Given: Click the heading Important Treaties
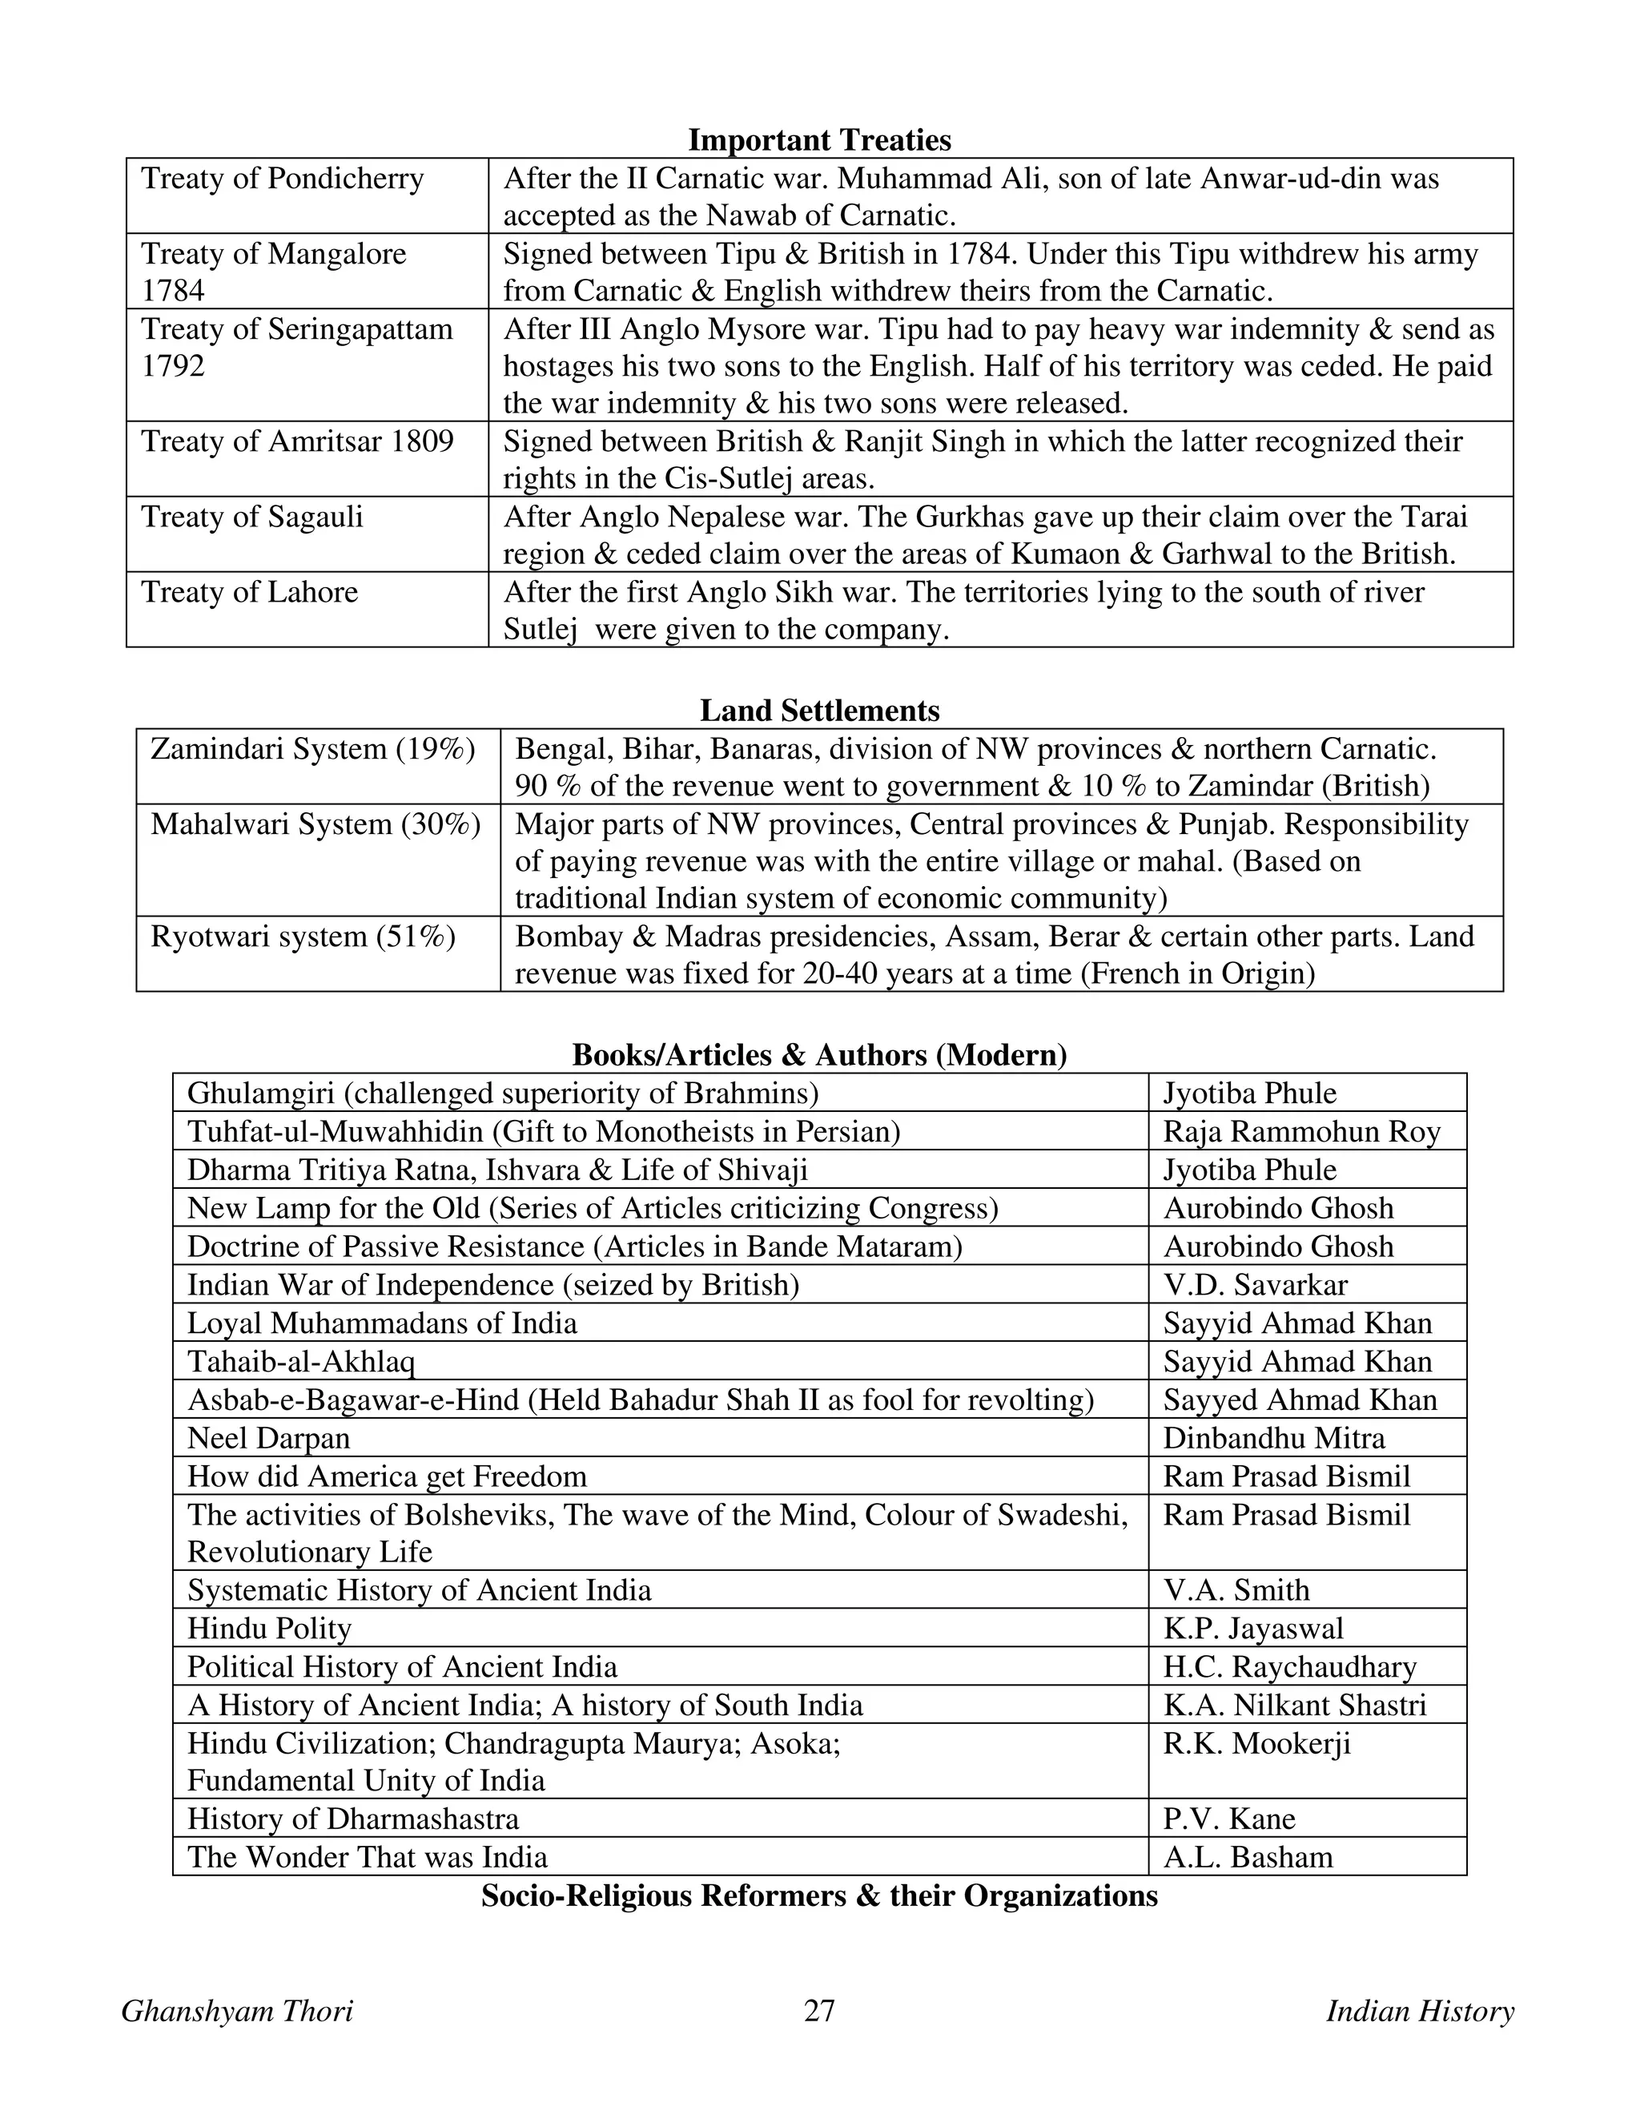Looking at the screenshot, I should click(819, 140).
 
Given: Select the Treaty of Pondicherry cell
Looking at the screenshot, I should click(283, 179).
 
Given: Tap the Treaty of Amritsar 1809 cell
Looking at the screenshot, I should click(297, 441).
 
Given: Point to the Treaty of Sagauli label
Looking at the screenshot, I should click(252, 516).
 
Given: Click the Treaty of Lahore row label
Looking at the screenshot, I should click(250, 592).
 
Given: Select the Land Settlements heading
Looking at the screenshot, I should click(819, 711).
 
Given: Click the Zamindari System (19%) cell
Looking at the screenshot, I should click(313, 748).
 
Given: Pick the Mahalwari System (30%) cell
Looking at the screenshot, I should click(316, 824).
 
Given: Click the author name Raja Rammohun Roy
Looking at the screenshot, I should click(1301, 1131).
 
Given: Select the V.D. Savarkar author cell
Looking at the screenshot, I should click(1256, 1285).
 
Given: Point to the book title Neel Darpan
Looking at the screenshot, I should click(268, 1438).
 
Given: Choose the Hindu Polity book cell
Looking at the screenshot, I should click(269, 1628).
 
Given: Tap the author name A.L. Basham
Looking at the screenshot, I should click(1248, 1857).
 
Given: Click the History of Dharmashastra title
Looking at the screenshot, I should click(352, 1819).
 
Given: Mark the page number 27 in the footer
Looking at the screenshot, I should click(819, 2010).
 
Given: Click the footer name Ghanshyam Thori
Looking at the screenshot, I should click(237, 2011).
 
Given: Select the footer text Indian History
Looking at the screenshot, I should click(1420, 2010).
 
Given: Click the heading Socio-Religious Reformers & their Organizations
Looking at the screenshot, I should click(819, 1895).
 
